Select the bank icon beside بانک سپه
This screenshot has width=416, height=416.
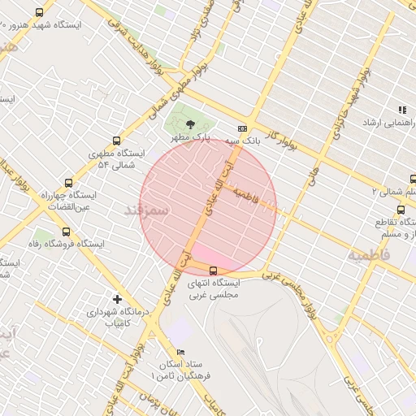tap(242, 128)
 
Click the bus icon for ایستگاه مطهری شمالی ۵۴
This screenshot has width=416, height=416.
tap(117, 140)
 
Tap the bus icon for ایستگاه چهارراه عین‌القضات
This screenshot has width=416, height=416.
tap(67, 182)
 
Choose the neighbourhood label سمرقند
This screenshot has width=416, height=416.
tap(146, 210)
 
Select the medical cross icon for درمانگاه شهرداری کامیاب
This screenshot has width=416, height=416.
tap(117, 298)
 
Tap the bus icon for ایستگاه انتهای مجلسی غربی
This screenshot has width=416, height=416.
tap(214, 271)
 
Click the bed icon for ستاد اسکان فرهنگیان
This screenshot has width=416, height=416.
tap(180, 352)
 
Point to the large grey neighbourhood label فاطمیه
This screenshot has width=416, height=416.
tap(370, 254)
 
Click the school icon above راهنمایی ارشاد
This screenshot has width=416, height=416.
tap(401, 110)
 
